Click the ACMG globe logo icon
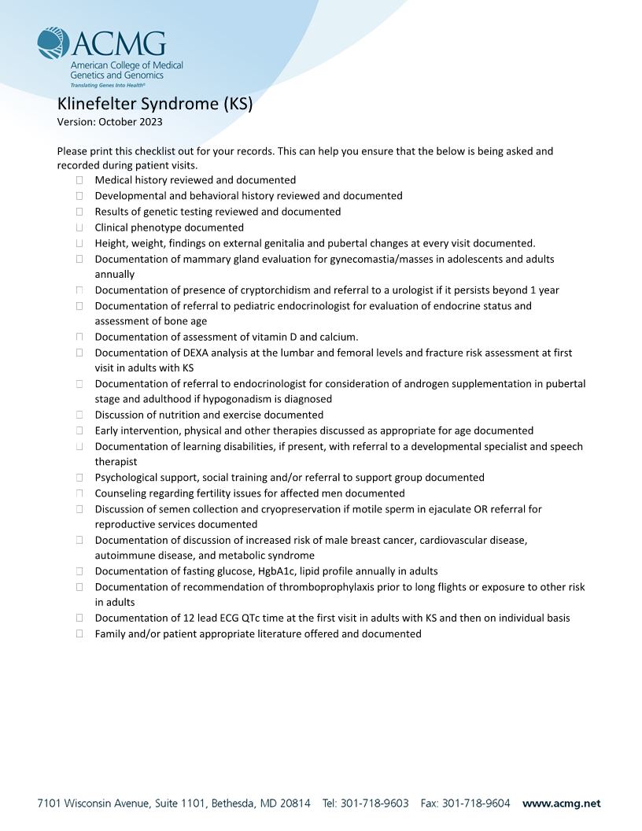(53, 43)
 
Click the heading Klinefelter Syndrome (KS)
(154, 104)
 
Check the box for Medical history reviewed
(79, 180)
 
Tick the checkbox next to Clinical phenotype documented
(79, 227)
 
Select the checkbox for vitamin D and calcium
(79, 337)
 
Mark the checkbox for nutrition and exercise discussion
(79, 415)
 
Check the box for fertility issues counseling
(79, 493)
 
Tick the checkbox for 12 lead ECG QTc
(79, 618)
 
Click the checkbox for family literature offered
(79, 633)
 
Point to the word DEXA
(208, 353)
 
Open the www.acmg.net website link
(561, 803)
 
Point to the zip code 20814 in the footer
(293, 803)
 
